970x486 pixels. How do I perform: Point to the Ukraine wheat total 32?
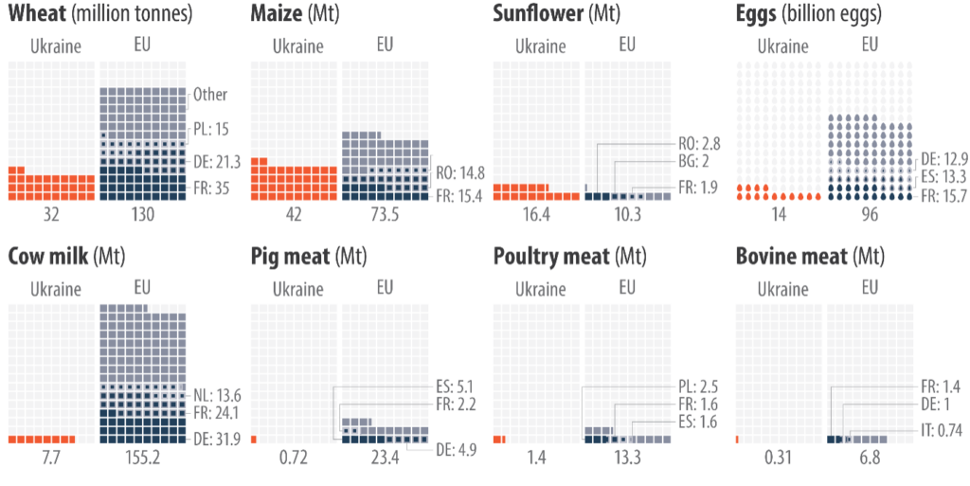(51, 215)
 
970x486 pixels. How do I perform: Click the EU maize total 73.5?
(383, 215)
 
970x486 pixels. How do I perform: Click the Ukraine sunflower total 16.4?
(535, 215)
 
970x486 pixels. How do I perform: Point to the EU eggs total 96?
(870, 215)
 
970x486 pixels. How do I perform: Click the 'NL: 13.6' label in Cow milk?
(217, 395)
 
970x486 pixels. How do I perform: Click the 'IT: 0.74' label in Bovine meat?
(942, 431)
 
